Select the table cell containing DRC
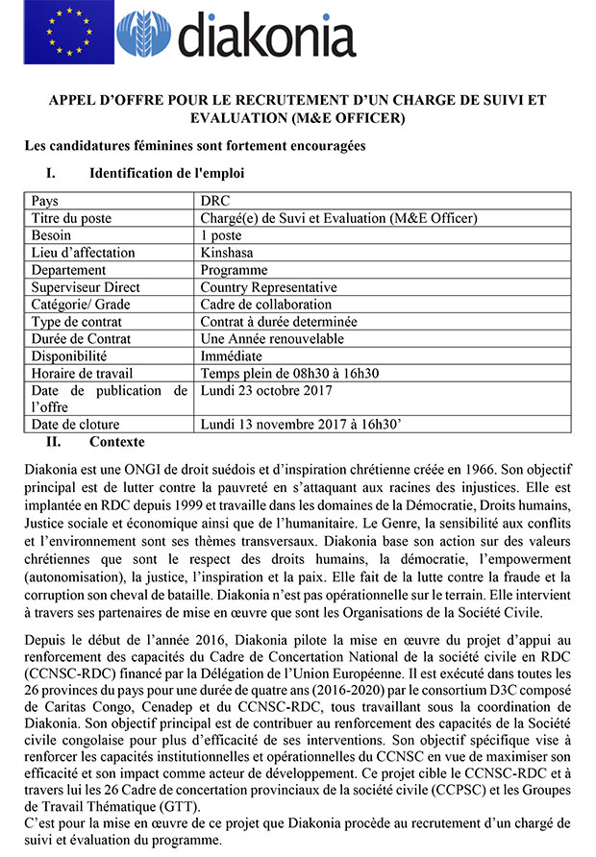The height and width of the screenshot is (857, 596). [215, 202]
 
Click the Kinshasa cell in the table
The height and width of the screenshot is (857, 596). [227, 253]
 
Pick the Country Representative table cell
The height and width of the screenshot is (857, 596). [268, 287]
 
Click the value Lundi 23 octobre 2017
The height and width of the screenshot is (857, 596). [266, 390]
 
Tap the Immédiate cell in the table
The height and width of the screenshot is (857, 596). [231, 355]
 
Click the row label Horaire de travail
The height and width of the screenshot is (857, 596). [82, 373]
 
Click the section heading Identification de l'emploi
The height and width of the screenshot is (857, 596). [166, 174]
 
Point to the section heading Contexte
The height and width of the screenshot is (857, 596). [116, 442]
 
